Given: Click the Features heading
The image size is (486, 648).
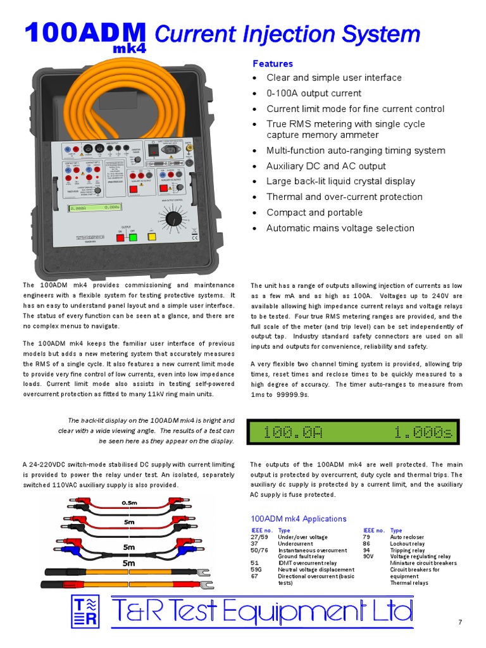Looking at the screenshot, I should point(273,64).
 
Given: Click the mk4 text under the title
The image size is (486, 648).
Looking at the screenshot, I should point(129,47).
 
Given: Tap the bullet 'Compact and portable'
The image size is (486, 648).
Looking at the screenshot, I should point(315,213).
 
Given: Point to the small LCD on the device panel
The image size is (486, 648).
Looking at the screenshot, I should point(95,206).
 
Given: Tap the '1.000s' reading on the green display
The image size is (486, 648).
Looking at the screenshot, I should point(423,433).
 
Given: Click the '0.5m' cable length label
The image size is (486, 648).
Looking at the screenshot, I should point(129,503).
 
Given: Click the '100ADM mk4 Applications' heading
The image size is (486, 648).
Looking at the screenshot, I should point(299,519).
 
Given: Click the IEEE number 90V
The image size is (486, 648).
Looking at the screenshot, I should point(370,557).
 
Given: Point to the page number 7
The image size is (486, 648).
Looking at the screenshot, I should point(460,623).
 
